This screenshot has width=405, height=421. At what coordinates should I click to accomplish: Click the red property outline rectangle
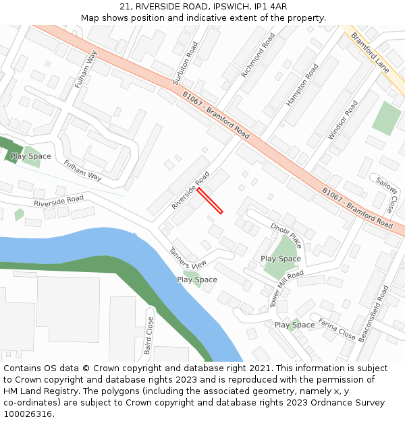tap(210, 201)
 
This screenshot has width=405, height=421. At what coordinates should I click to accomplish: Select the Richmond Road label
tap(258, 55)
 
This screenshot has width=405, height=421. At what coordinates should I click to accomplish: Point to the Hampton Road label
tap(302, 85)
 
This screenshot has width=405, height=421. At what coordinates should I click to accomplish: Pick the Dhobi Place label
tap(286, 235)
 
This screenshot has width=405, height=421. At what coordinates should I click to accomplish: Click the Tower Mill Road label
tap(287, 288)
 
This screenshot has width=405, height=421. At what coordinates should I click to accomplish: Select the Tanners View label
tap(188, 260)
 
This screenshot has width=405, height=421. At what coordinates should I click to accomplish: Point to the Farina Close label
tap(337, 329)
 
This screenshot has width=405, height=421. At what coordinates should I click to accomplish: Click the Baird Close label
tap(148, 335)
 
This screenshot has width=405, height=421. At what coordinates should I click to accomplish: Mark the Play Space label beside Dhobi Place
tap(281, 259)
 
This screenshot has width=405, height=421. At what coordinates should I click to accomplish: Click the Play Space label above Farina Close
tap(294, 325)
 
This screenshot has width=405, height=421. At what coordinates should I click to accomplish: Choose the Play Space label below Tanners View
tap(197, 280)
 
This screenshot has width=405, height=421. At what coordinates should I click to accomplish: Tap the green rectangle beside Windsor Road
tap(386, 118)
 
